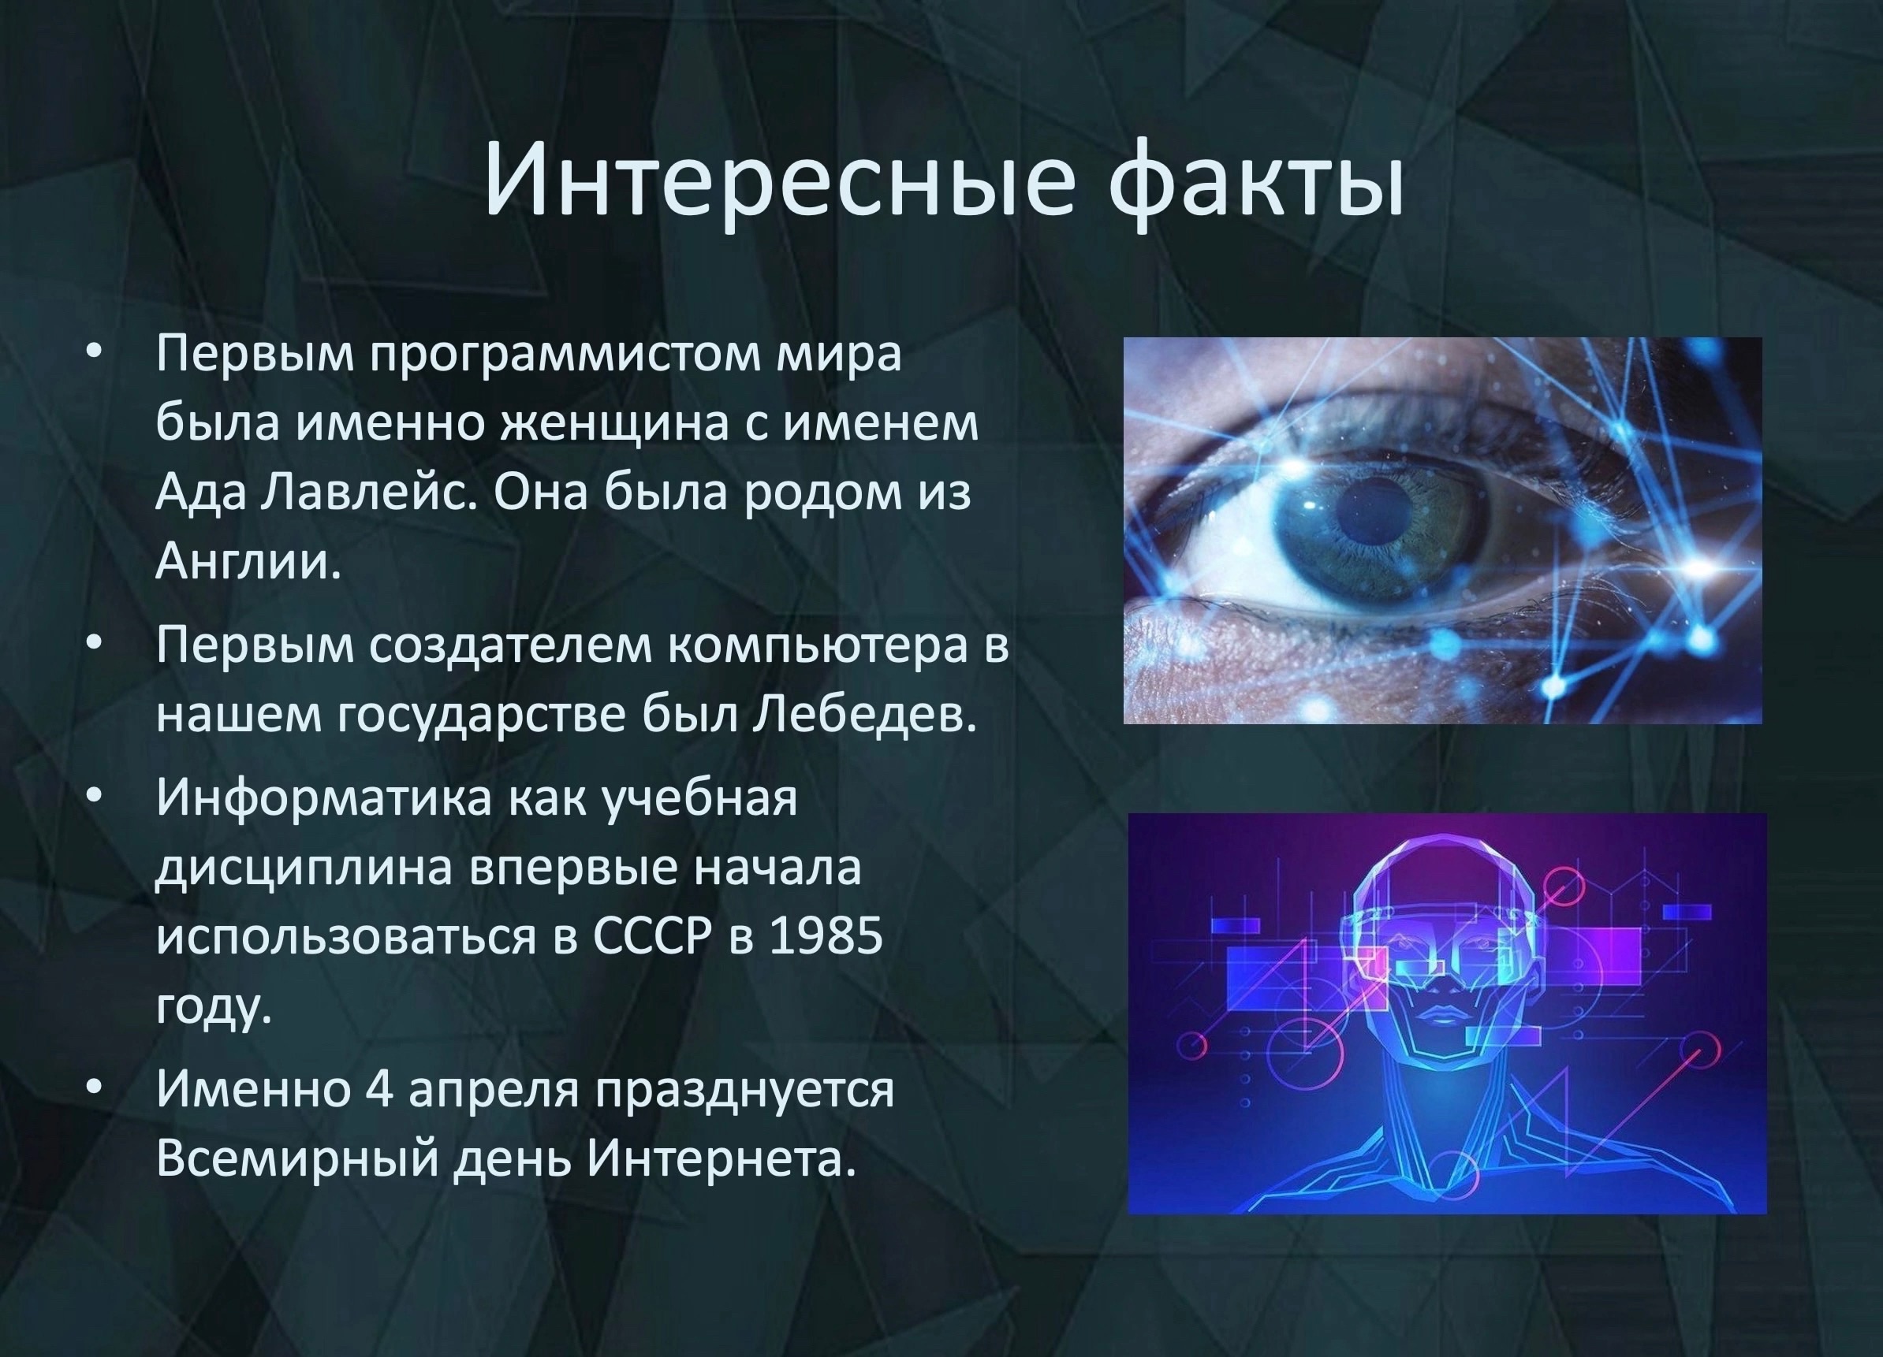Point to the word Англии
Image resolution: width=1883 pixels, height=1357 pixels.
pyautogui.click(x=248, y=563)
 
